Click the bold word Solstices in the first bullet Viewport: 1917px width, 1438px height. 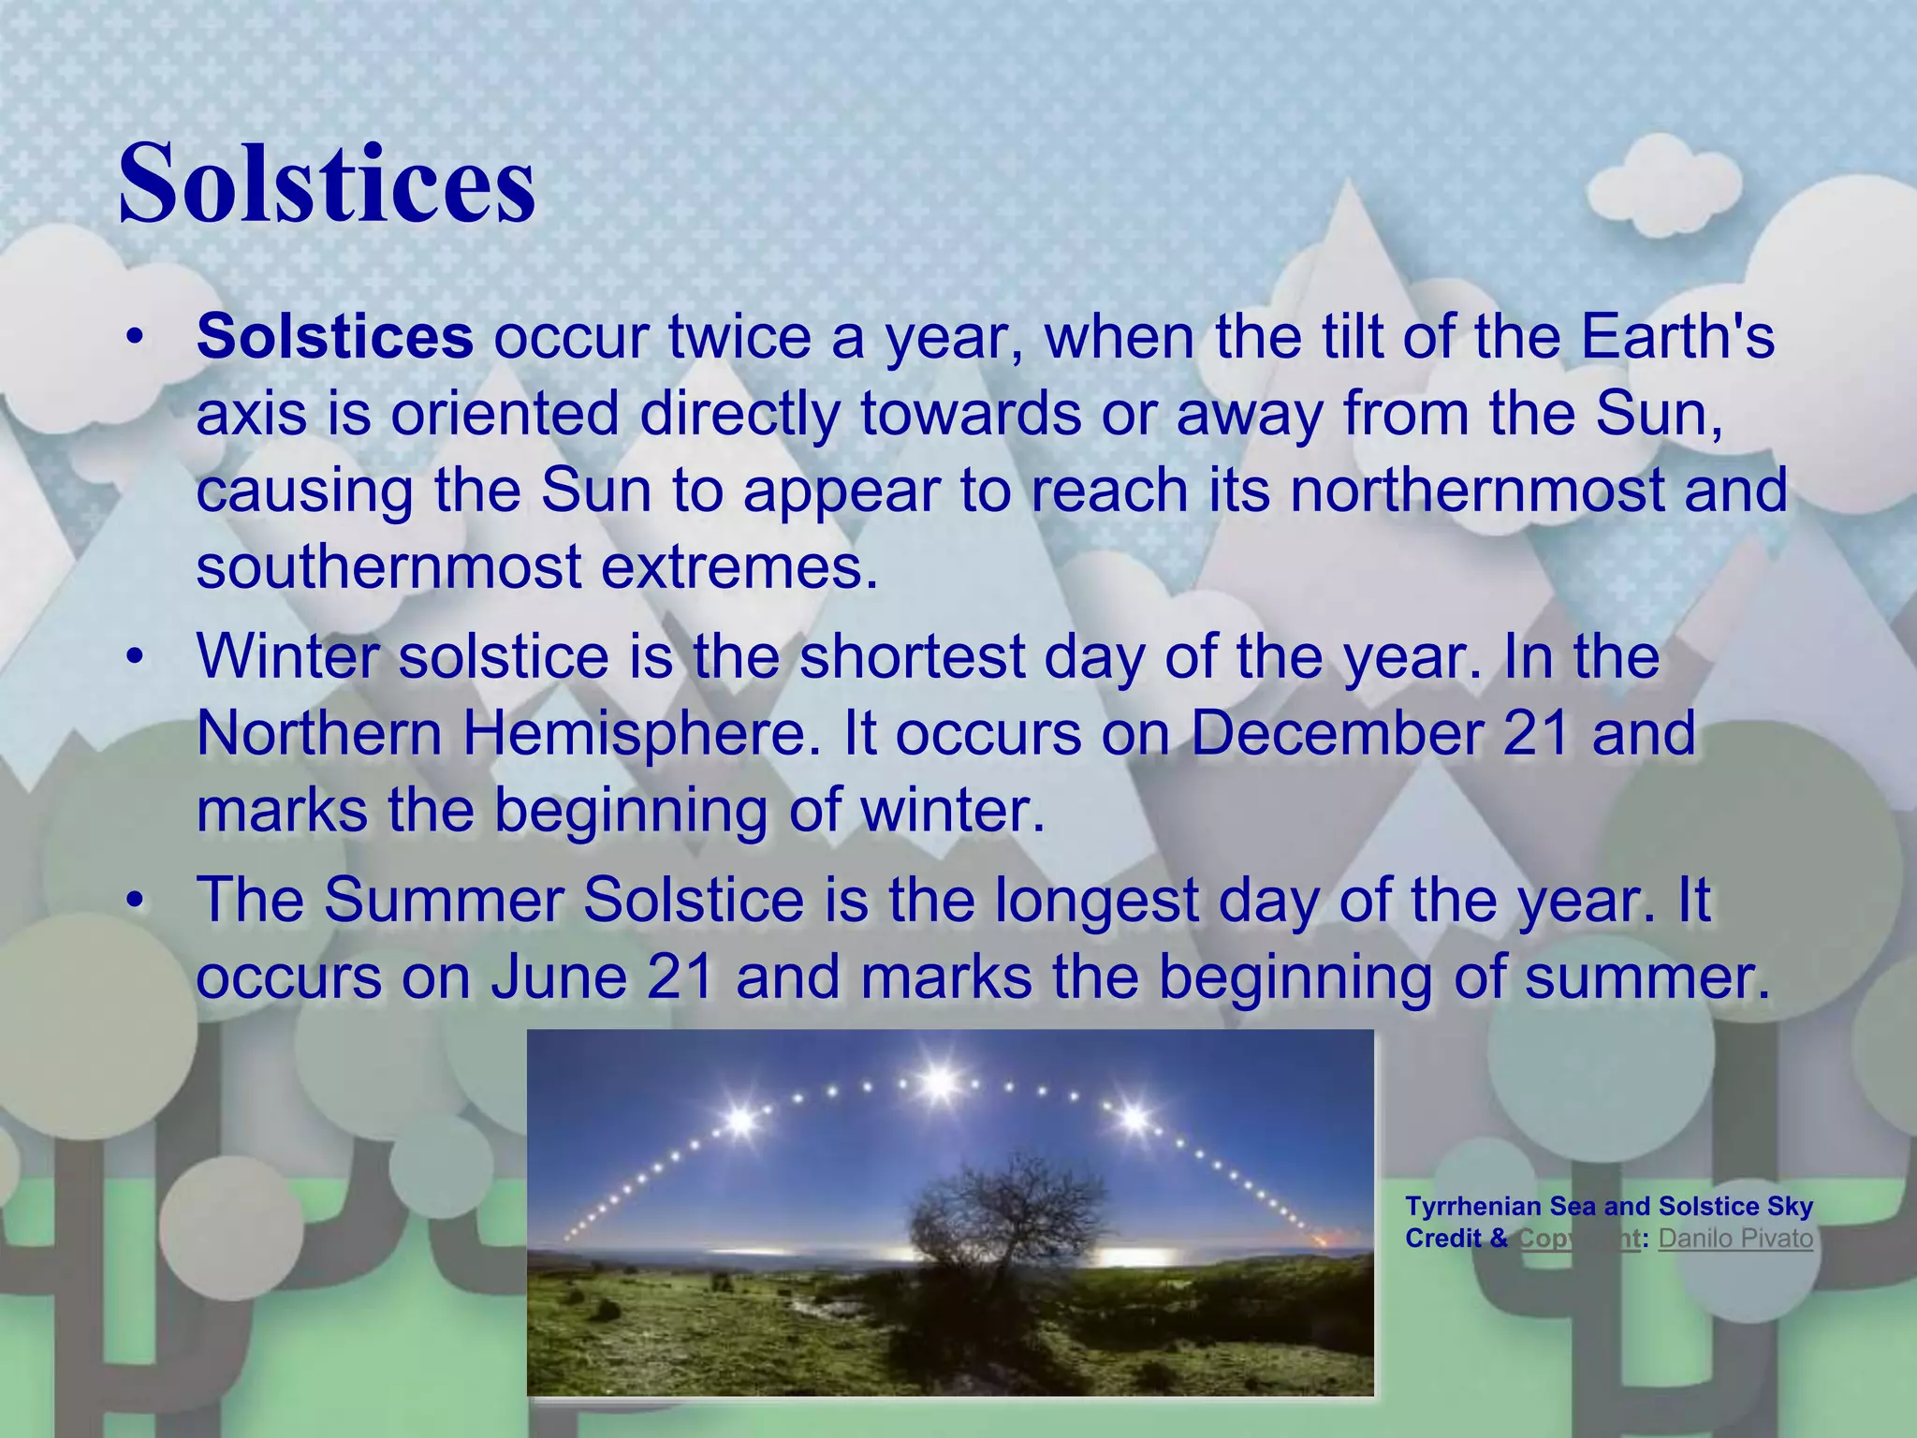[x=334, y=337]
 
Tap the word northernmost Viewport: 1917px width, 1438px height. [x=1476, y=491]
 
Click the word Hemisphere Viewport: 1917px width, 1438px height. [x=640, y=733]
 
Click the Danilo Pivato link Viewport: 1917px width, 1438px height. [x=1735, y=1239]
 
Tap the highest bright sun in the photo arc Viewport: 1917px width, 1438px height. [x=939, y=1083]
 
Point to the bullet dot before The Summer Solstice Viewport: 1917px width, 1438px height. [x=137, y=902]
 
